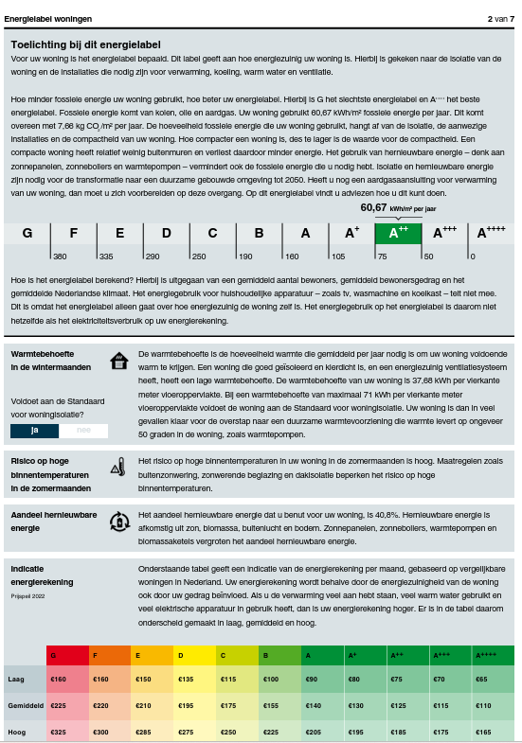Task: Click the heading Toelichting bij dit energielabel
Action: [x=85, y=44]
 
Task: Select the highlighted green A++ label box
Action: [x=398, y=232]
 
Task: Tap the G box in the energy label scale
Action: [x=27, y=233]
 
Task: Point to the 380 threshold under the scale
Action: [x=60, y=257]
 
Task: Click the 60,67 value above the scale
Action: [x=374, y=207]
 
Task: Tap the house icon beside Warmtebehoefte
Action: [x=118, y=361]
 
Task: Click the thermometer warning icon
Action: [x=117, y=466]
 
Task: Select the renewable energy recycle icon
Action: [x=118, y=521]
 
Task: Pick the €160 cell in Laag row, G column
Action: [x=58, y=680]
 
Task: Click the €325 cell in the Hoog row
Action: [x=58, y=733]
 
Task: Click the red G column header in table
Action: [x=66, y=655]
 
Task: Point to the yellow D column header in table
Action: [x=194, y=655]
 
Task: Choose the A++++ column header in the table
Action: [x=494, y=655]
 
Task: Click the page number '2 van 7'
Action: [x=500, y=18]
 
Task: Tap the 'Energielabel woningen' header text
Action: [x=48, y=18]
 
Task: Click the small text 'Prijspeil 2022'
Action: [x=27, y=596]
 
